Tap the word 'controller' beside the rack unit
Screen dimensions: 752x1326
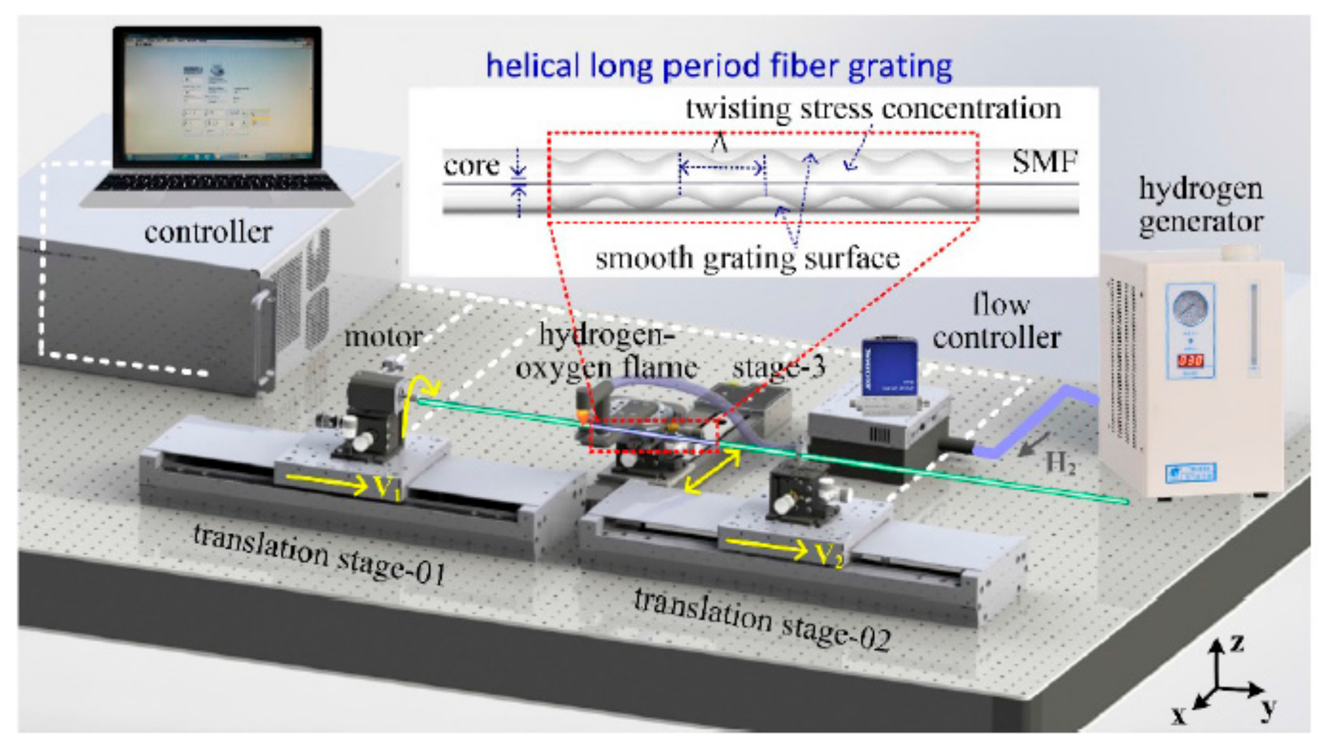point(208,232)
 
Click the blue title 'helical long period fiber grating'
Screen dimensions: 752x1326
point(719,66)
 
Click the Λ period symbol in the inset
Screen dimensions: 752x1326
point(719,143)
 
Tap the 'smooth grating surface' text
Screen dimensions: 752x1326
point(747,258)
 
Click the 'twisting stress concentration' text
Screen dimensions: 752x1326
point(873,109)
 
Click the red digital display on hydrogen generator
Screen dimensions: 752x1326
point(1189,361)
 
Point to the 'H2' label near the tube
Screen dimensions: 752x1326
point(1060,463)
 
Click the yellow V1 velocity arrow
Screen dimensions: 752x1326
point(328,484)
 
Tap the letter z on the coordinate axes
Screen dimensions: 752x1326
point(1237,643)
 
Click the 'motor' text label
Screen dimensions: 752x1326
point(383,337)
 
